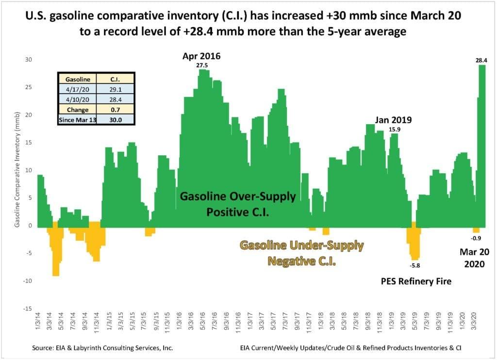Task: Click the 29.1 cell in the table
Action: click(116, 90)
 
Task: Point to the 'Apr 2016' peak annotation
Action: click(201, 56)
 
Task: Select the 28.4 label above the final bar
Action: click(481, 60)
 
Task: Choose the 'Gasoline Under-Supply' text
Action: click(301, 245)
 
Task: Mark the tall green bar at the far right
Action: click(482, 146)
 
